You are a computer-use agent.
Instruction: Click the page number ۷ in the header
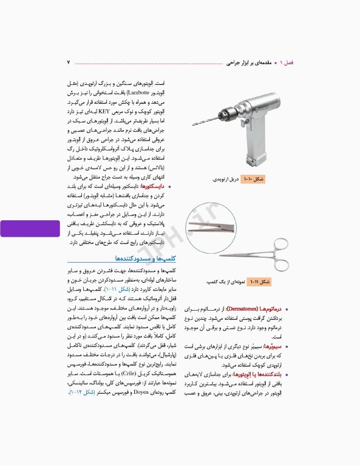[x=69, y=62]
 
